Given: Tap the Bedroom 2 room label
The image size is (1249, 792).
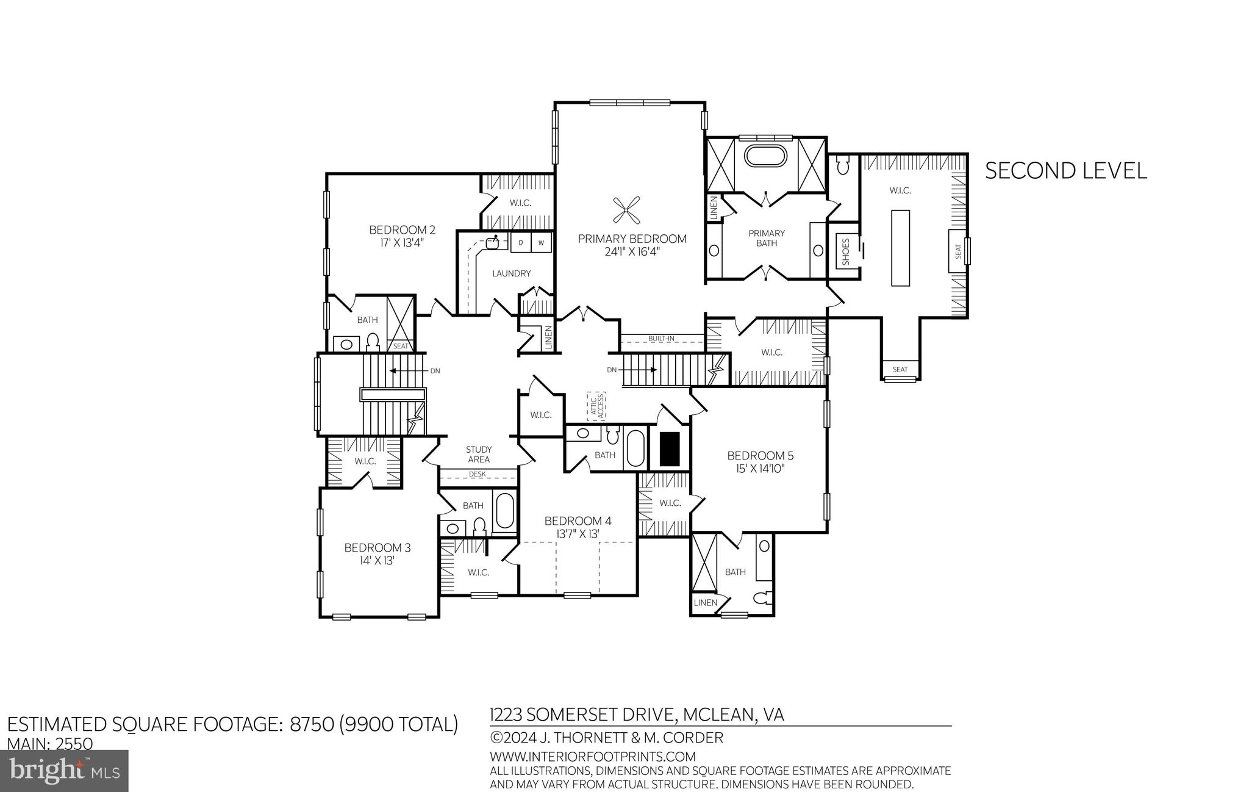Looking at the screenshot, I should [402, 230].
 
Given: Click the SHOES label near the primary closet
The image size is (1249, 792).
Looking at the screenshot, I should [846, 251].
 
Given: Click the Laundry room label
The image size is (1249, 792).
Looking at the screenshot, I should [511, 273].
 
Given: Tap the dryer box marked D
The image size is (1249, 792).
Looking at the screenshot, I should [521, 243].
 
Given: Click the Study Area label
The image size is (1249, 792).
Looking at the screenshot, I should [479, 455].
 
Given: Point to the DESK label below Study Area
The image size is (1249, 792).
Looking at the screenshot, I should [478, 474].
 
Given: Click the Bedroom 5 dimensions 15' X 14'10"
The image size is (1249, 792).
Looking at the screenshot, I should [760, 469].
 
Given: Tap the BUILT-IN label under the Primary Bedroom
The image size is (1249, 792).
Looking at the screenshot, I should [662, 338].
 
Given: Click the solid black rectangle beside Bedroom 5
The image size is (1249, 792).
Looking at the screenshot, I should [670, 447].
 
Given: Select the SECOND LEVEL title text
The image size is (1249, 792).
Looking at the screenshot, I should [1065, 171].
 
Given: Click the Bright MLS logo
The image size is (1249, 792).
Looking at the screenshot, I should [65, 771].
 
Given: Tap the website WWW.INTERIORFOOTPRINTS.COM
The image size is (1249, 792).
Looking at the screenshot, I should [593, 757].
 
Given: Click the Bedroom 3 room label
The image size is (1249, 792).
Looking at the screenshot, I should [377, 547].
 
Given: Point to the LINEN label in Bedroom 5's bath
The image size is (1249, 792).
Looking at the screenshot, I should [706, 602].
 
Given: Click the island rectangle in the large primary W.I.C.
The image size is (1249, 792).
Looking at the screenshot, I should [900, 248].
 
